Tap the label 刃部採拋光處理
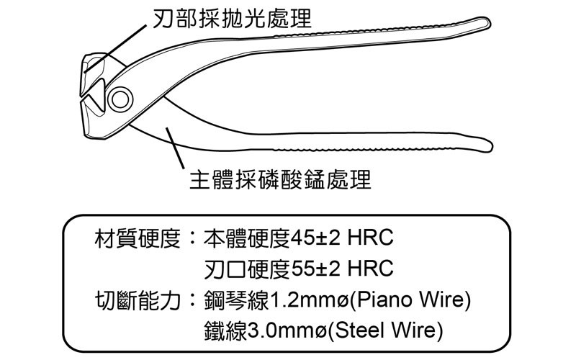click(232, 17)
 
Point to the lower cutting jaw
click(91, 114)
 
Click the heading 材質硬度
click(137, 238)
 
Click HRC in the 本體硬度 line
click(370, 238)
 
